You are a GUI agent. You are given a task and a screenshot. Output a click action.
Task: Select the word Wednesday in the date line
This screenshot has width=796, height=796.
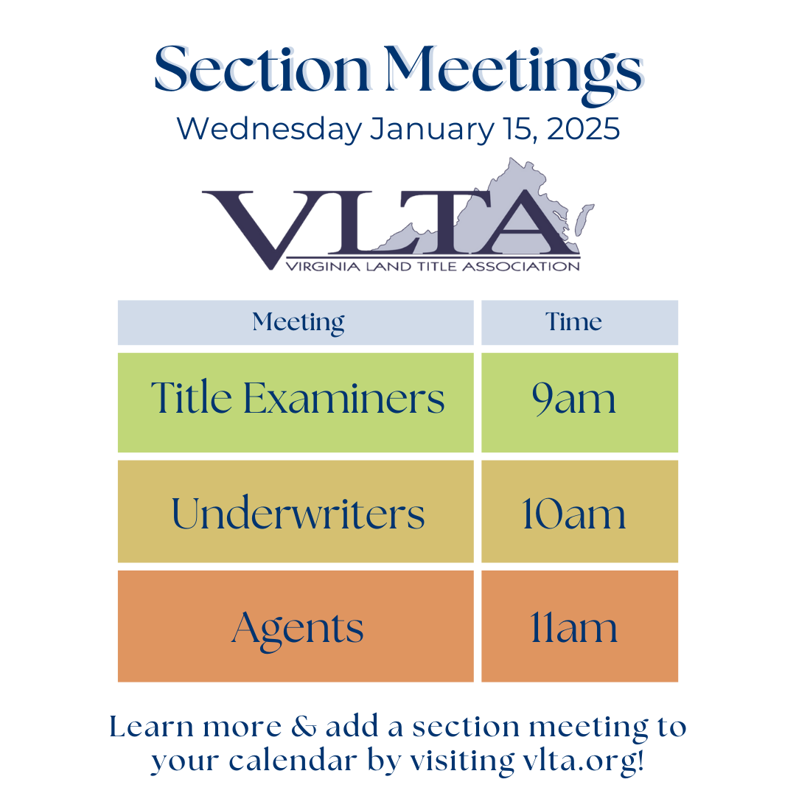tap(269, 130)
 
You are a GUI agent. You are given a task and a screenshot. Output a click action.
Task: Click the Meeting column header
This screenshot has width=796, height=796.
tap(298, 322)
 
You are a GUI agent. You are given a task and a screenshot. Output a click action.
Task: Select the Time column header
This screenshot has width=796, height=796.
tap(573, 322)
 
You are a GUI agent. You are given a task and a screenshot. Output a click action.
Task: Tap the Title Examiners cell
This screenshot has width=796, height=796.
tap(298, 399)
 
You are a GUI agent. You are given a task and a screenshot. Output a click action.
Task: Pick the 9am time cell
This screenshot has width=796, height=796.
tap(573, 399)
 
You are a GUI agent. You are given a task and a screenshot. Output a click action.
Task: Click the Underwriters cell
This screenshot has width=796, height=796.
tap(298, 512)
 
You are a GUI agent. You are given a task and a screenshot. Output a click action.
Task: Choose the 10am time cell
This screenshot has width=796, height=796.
tap(573, 512)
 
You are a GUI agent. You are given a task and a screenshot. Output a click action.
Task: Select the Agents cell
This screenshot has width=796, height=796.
tap(298, 627)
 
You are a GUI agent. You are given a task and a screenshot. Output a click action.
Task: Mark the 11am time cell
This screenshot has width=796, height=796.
tap(573, 627)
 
